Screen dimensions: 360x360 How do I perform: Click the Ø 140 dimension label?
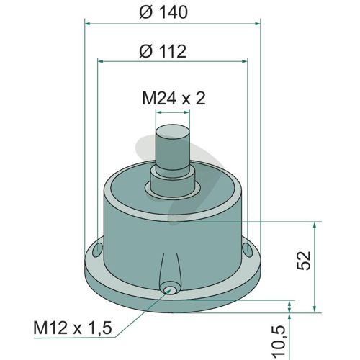pyautogui.click(x=163, y=12)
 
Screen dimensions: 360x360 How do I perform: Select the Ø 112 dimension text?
pyautogui.click(x=163, y=51)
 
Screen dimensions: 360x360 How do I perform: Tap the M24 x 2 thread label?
pyautogui.click(x=174, y=99)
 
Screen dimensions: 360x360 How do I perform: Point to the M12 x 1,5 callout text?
pyautogui.click(x=73, y=328)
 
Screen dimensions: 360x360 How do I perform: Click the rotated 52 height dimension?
pyautogui.click(x=304, y=261)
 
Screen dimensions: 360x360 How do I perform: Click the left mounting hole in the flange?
pyautogui.click(x=98, y=250)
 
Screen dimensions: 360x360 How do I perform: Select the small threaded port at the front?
pyautogui.click(x=169, y=289)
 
